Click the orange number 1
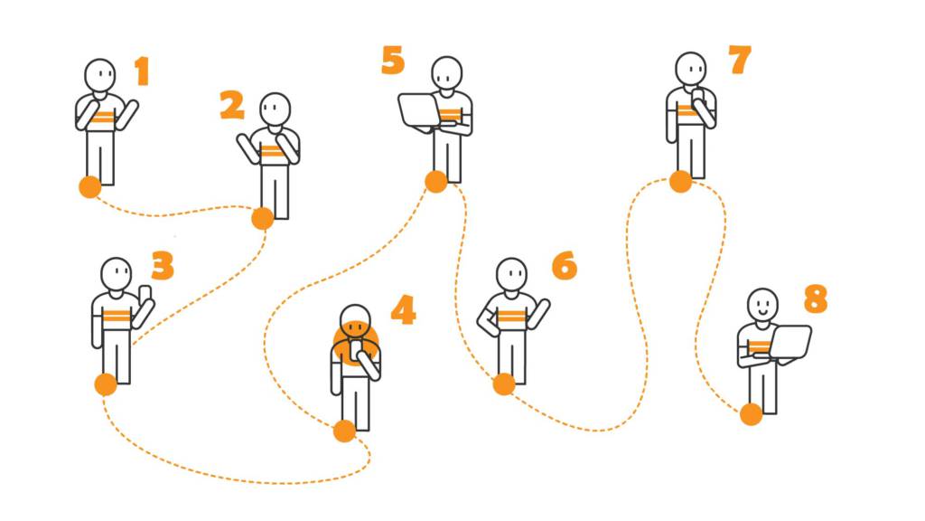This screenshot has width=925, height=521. click(x=142, y=71)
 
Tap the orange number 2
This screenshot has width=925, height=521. click(x=232, y=105)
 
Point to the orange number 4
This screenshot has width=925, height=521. click(x=404, y=309)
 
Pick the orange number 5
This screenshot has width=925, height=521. click(x=393, y=61)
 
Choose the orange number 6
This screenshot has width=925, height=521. click(x=565, y=265)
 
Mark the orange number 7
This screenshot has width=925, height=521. click(x=740, y=60)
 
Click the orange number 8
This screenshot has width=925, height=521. click(x=816, y=298)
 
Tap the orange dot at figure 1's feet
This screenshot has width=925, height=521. click(x=90, y=186)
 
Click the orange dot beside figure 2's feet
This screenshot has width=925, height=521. click(x=263, y=218)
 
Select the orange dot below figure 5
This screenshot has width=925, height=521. click(x=436, y=181)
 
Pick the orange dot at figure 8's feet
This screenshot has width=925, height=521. click(x=751, y=414)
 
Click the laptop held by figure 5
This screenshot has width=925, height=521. click(x=419, y=111)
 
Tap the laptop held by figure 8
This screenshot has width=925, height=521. click(x=790, y=343)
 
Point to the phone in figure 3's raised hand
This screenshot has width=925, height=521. click(x=145, y=294)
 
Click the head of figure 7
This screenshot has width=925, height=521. click(x=691, y=69)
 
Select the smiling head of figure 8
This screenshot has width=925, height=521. click(x=762, y=305)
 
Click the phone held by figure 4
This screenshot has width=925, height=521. click(x=357, y=350)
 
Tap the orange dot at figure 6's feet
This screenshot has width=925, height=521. click(x=504, y=384)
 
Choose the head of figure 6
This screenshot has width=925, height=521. click(x=511, y=275)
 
